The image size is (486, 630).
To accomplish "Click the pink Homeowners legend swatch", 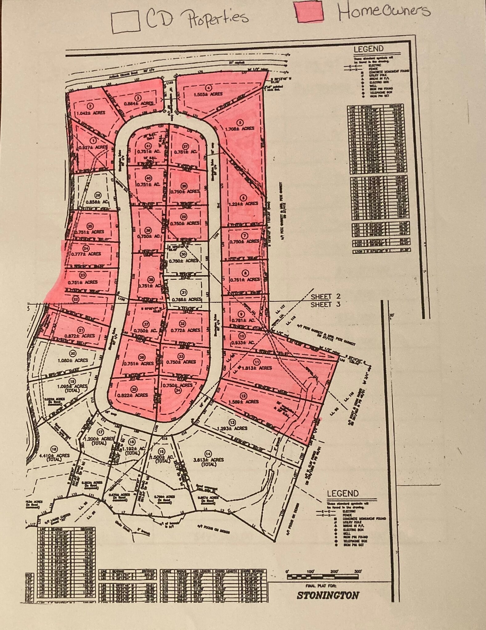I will click(309, 13).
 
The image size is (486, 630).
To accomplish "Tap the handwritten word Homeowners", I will click(384, 10).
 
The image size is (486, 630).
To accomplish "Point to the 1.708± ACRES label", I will click(240, 128).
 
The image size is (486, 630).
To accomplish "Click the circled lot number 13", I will click(232, 422).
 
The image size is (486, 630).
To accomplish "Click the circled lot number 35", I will click(134, 389).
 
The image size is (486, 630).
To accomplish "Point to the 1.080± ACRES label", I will click(73, 360).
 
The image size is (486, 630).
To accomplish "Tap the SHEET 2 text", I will click(321, 297).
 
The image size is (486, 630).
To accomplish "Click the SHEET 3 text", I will click(321, 305).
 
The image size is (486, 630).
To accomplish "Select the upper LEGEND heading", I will click(368, 49).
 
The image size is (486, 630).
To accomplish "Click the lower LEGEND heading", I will click(343, 493).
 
